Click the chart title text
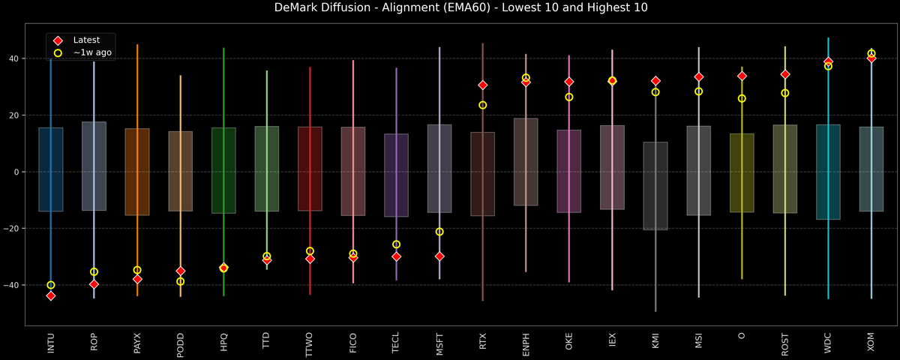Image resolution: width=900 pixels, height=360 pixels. click(450, 8)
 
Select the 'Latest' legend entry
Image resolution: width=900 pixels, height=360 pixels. click(86, 40)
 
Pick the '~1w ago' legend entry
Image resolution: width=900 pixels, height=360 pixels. click(92, 52)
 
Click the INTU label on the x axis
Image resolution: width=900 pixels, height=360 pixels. click(51, 342)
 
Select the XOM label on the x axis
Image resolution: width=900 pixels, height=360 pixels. click(871, 342)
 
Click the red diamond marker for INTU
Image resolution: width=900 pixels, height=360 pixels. click(51, 295)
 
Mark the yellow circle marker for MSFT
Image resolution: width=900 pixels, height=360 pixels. click(439, 232)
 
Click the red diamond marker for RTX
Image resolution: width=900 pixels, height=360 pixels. click(483, 85)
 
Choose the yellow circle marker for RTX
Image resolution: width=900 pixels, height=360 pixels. click(483, 105)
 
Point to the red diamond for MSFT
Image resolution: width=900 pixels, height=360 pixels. click(439, 256)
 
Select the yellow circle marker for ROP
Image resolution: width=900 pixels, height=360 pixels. click(94, 271)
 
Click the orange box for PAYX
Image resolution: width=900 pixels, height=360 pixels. click(137, 172)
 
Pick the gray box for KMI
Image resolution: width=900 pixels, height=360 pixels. click(655, 186)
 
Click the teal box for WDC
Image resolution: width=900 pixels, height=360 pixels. click(828, 172)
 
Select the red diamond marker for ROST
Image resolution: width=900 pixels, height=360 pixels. click(785, 74)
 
